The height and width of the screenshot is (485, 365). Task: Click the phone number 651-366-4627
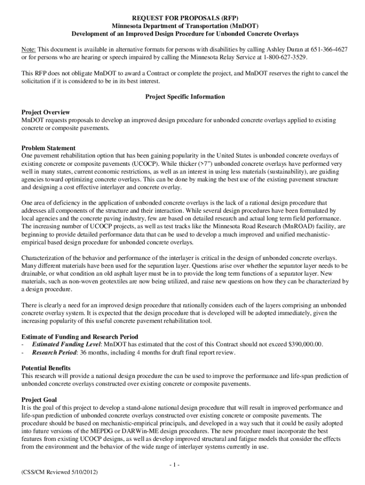(x=328, y=49)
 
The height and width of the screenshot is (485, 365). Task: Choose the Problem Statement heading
(x=49, y=148)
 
